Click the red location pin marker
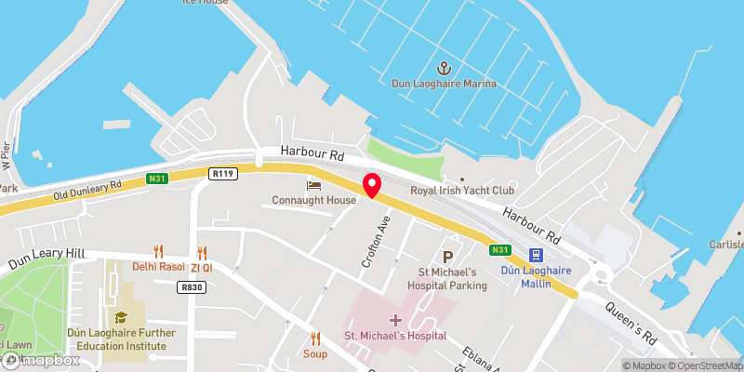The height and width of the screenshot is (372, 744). [371, 184]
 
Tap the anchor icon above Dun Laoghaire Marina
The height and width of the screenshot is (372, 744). [445, 68]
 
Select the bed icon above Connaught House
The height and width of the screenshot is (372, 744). [314, 186]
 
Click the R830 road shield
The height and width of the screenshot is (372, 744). [193, 287]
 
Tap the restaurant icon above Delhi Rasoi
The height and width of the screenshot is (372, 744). [159, 251]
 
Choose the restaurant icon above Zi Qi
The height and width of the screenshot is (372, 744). [202, 251]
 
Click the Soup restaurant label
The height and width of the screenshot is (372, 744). [315, 353]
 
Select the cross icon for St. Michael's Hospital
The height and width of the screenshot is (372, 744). [395, 320]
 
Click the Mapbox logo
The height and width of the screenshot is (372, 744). [37, 360]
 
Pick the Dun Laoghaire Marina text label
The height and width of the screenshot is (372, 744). [445, 84]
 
